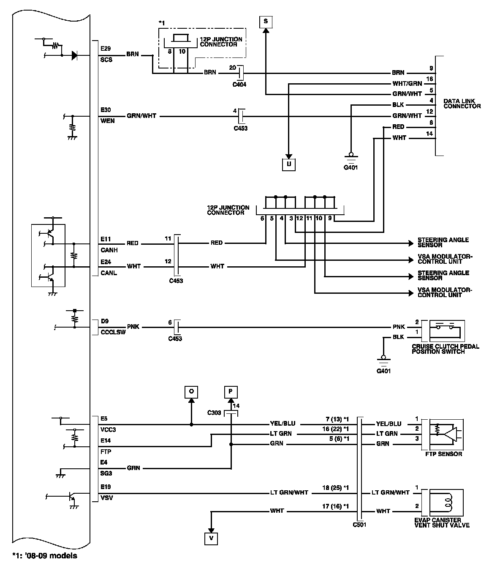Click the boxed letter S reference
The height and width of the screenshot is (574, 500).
coord(266,22)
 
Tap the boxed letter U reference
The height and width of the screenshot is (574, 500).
coord(288,164)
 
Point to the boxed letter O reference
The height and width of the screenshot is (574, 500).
coord(191,392)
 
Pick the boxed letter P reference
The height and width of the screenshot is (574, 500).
coord(231,392)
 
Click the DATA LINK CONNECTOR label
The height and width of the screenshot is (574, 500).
coord(462,104)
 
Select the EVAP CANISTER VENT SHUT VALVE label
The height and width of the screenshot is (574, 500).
coord(442,522)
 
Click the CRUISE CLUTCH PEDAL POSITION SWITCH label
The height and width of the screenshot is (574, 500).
coord(446,349)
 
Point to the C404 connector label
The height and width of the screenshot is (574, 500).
coord(239,85)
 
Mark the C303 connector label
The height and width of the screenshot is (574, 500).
coord(214,413)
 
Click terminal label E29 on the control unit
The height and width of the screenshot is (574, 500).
coord(106,49)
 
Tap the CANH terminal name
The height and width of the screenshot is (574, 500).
coord(109,250)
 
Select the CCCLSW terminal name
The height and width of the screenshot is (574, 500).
coord(113,332)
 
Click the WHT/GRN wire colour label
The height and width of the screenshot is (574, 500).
coord(407,84)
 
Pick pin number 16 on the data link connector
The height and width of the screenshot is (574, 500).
coord(430,79)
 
